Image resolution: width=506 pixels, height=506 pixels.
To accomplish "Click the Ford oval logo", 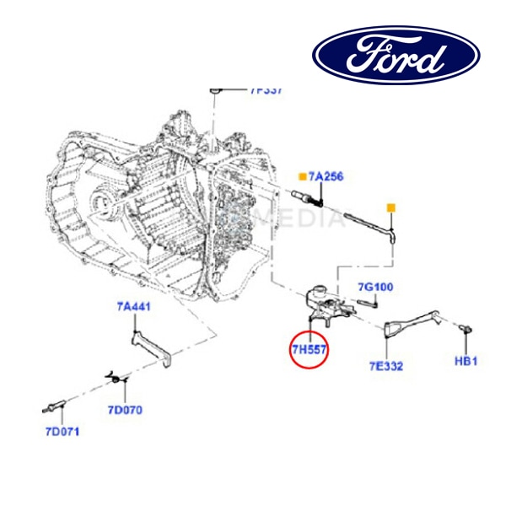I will (396, 55).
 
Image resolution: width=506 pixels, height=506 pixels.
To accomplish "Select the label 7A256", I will (326, 176).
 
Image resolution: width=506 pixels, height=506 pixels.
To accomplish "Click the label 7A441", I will (133, 307).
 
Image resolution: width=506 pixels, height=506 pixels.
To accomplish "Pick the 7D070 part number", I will (125, 411).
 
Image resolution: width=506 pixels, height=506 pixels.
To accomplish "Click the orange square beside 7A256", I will (301, 176).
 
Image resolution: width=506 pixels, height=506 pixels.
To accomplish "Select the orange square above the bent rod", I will (391, 207).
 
